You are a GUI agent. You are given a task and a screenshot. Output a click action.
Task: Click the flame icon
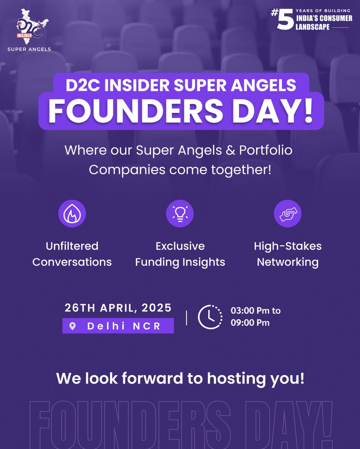click(72, 213)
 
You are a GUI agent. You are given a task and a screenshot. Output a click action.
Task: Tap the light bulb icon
click(180, 213)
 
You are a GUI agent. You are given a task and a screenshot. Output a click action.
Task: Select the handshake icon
click(287, 213)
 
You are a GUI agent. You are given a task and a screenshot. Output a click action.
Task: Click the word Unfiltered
click(72, 246)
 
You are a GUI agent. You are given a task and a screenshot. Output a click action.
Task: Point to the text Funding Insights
click(180, 262)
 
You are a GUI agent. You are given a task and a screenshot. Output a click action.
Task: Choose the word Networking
click(288, 262)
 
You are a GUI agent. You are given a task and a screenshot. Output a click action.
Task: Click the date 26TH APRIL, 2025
click(118, 308)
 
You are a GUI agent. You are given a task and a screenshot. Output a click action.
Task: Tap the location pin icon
click(73, 326)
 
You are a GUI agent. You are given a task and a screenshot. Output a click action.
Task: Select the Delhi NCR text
click(124, 326)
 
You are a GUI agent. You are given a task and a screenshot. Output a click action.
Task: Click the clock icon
click(210, 317)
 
